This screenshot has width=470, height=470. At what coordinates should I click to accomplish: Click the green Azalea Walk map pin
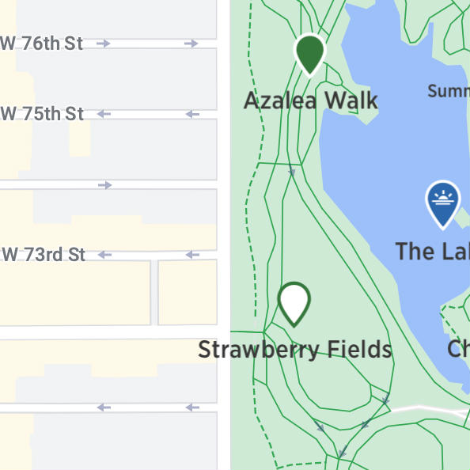pyautogui.click(x=310, y=53)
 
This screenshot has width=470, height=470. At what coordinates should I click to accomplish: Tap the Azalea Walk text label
pyautogui.click(x=310, y=101)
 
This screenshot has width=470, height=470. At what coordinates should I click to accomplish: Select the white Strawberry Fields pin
pyautogui.click(x=294, y=302)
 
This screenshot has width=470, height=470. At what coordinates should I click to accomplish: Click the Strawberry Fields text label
pyautogui.click(x=294, y=349)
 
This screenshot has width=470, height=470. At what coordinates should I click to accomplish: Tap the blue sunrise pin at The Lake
pyautogui.click(x=442, y=203)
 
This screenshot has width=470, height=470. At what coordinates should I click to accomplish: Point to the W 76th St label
pyautogui.click(x=43, y=44)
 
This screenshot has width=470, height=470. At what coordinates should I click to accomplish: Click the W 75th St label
pyautogui.click(x=43, y=114)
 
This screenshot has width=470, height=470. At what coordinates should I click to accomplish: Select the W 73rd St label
pyautogui.click(x=44, y=255)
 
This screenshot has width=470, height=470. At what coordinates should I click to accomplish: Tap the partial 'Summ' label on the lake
pyautogui.click(x=448, y=91)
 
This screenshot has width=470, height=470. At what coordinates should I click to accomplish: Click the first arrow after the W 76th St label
pyautogui.click(x=103, y=44)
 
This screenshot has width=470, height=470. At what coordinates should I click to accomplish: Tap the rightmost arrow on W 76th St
pyautogui.click(x=191, y=44)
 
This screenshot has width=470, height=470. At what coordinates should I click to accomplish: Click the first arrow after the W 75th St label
pyautogui.click(x=104, y=115)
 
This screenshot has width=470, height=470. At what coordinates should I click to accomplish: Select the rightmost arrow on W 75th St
pyautogui.click(x=191, y=115)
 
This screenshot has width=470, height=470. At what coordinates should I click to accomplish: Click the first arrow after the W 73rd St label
pyautogui.click(x=104, y=255)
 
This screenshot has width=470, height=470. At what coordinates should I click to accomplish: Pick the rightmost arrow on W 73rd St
pyautogui.click(x=191, y=255)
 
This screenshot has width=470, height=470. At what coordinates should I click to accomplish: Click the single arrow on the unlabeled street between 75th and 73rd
pyautogui.click(x=104, y=185)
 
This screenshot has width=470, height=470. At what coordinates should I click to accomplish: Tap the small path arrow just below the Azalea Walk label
pyautogui.click(x=291, y=172)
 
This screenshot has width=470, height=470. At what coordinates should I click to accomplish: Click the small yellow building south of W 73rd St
pyautogui.click(x=188, y=292)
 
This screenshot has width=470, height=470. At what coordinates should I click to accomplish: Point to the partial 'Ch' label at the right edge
pyautogui.click(x=458, y=348)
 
